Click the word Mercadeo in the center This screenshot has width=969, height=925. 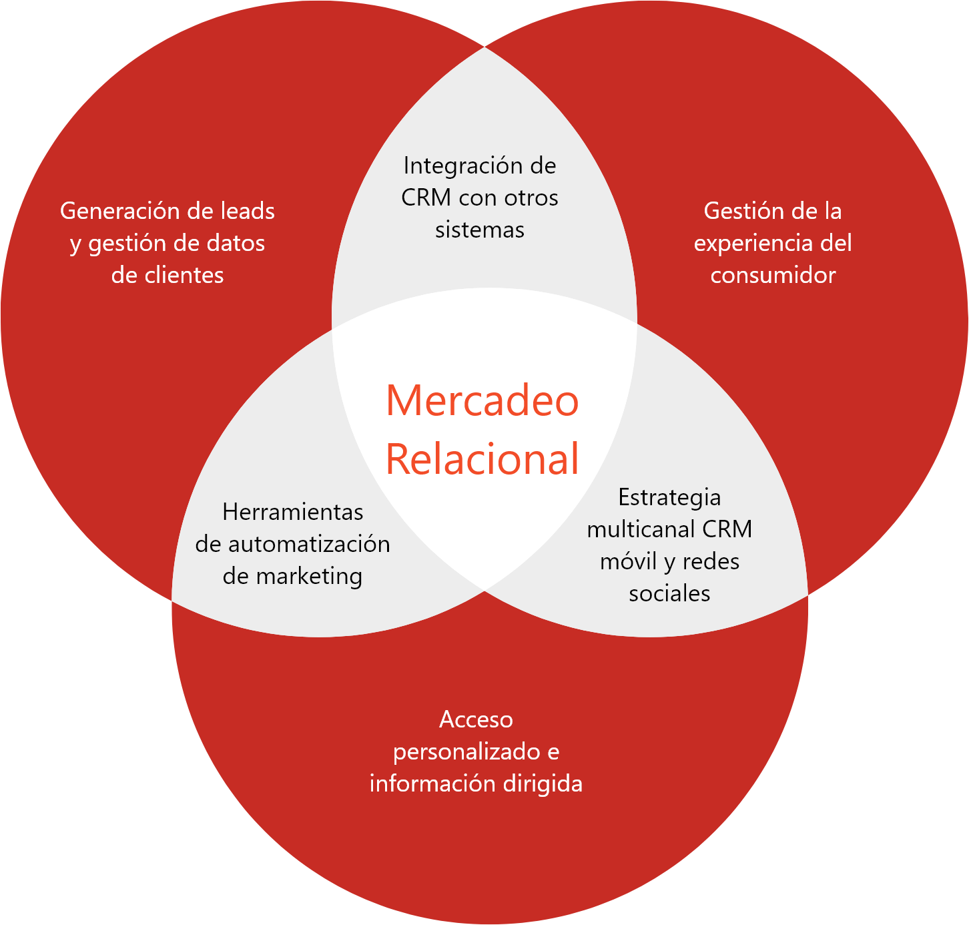coord(482,400)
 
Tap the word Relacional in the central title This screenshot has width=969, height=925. coord(482,459)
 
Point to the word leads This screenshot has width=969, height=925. coord(248,211)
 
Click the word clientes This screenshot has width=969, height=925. coord(184,275)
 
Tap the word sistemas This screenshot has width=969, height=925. coord(480,230)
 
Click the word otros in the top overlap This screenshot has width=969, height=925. coord(531,198)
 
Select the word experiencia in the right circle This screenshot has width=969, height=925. coord(753,243)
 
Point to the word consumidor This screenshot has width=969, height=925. coord(773,275)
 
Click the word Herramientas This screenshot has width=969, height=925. coord(292,512)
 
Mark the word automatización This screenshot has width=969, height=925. coord(309,544)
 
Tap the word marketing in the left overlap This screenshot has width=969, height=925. coord(309,576)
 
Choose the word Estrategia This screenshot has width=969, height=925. coord(669,497)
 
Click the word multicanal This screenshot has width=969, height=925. coord(631,529)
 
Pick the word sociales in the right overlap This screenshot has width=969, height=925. coord(669,593)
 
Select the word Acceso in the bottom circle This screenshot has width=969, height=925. coord(476,719)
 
